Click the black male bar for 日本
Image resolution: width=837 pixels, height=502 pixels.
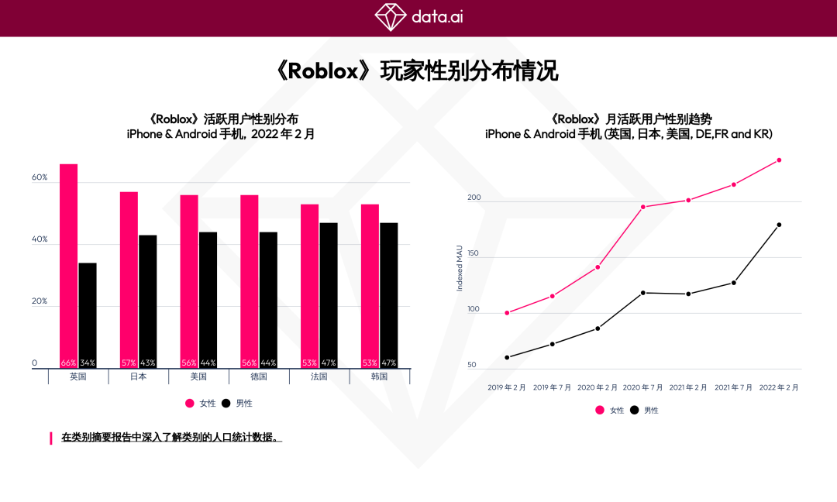pos(147,301)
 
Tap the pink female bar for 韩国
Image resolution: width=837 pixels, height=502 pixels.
pos(370,286)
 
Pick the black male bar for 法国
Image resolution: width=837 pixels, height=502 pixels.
pos(329,295)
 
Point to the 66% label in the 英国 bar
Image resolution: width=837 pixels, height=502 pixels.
pos(69,363)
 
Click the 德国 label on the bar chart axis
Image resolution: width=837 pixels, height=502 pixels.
pos(259,377)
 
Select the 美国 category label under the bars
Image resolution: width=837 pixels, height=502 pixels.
pos(198,377)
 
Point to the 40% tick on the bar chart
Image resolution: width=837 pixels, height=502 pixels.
pos(40,239)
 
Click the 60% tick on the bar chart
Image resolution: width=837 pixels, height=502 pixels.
pos(40,177)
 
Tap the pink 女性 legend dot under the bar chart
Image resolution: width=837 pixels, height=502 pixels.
pos(189,403)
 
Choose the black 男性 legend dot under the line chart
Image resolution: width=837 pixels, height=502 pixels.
pos(635,410)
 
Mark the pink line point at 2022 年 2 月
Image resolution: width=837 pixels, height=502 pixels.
pos(779,160)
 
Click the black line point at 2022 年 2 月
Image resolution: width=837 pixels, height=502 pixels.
pos(779,225)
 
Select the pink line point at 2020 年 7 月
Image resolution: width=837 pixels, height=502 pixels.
pos(642,207)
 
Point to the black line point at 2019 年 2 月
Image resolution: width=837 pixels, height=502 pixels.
pos(507,357)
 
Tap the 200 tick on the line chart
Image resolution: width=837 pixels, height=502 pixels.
pos(474,198)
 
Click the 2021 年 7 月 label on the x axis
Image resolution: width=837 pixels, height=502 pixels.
pos(733,387)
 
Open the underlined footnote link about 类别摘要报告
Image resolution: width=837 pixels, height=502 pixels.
pos(171,438)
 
